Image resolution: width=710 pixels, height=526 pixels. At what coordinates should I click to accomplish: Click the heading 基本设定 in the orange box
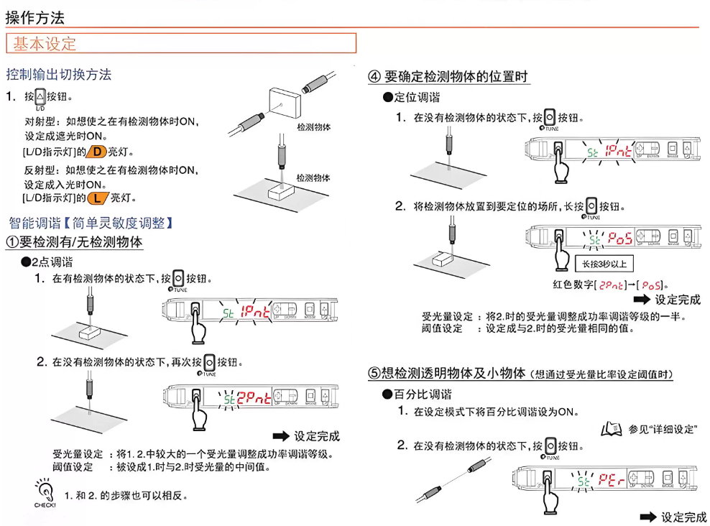[x=45, y=43]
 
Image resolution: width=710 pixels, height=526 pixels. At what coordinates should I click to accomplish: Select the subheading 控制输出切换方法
[x=59, y=74]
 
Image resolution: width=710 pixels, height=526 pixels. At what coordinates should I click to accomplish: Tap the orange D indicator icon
[x=98, y=152]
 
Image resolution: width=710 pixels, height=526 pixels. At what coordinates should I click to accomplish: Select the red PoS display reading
[x=620, y=237]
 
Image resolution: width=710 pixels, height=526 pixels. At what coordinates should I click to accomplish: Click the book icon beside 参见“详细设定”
[x=611, y=430]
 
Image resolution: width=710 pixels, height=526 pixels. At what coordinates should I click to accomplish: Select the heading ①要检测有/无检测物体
[x=75, y=243]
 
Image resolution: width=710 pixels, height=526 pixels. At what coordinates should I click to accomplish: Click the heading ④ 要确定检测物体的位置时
[x=449, y=76]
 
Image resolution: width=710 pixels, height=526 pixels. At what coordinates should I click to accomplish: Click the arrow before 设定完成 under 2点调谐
[x=280, y=435]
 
